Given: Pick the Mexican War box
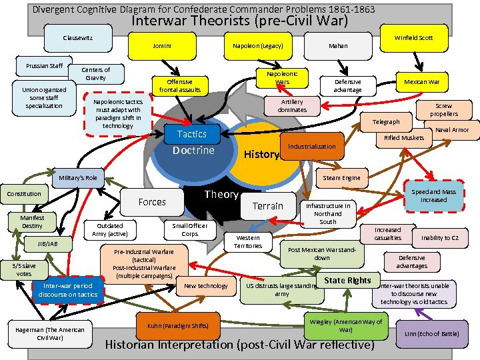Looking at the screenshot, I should (421, 82).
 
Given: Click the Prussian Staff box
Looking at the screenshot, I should (45, 66).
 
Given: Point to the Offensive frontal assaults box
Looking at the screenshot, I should (179, 85).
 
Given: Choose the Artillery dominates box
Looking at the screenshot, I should (292, 105).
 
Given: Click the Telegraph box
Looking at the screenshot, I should (386, 122).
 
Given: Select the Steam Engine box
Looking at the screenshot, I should (341, 177).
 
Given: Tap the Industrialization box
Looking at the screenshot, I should (312, 146).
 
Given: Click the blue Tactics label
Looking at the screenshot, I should (191, 134).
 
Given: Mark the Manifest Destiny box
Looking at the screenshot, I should (32, 222).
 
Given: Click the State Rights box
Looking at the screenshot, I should (347, 280).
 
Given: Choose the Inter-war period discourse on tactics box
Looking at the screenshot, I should (68, 290).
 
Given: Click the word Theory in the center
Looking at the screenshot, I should (221, 195).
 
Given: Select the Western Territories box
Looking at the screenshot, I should (249, 241).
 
